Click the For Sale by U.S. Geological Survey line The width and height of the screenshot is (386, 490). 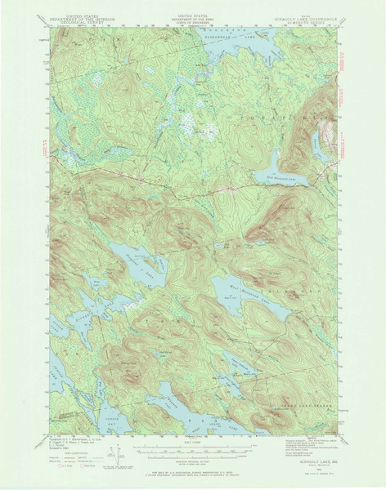(x=193, y=473)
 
